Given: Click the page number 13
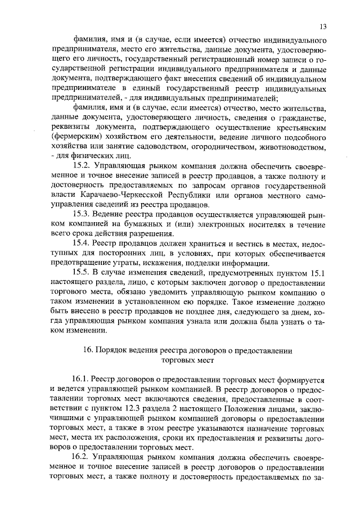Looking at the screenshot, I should [322, 26].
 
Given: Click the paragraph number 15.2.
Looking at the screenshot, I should [82, 167].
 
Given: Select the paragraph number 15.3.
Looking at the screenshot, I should [82, 215].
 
